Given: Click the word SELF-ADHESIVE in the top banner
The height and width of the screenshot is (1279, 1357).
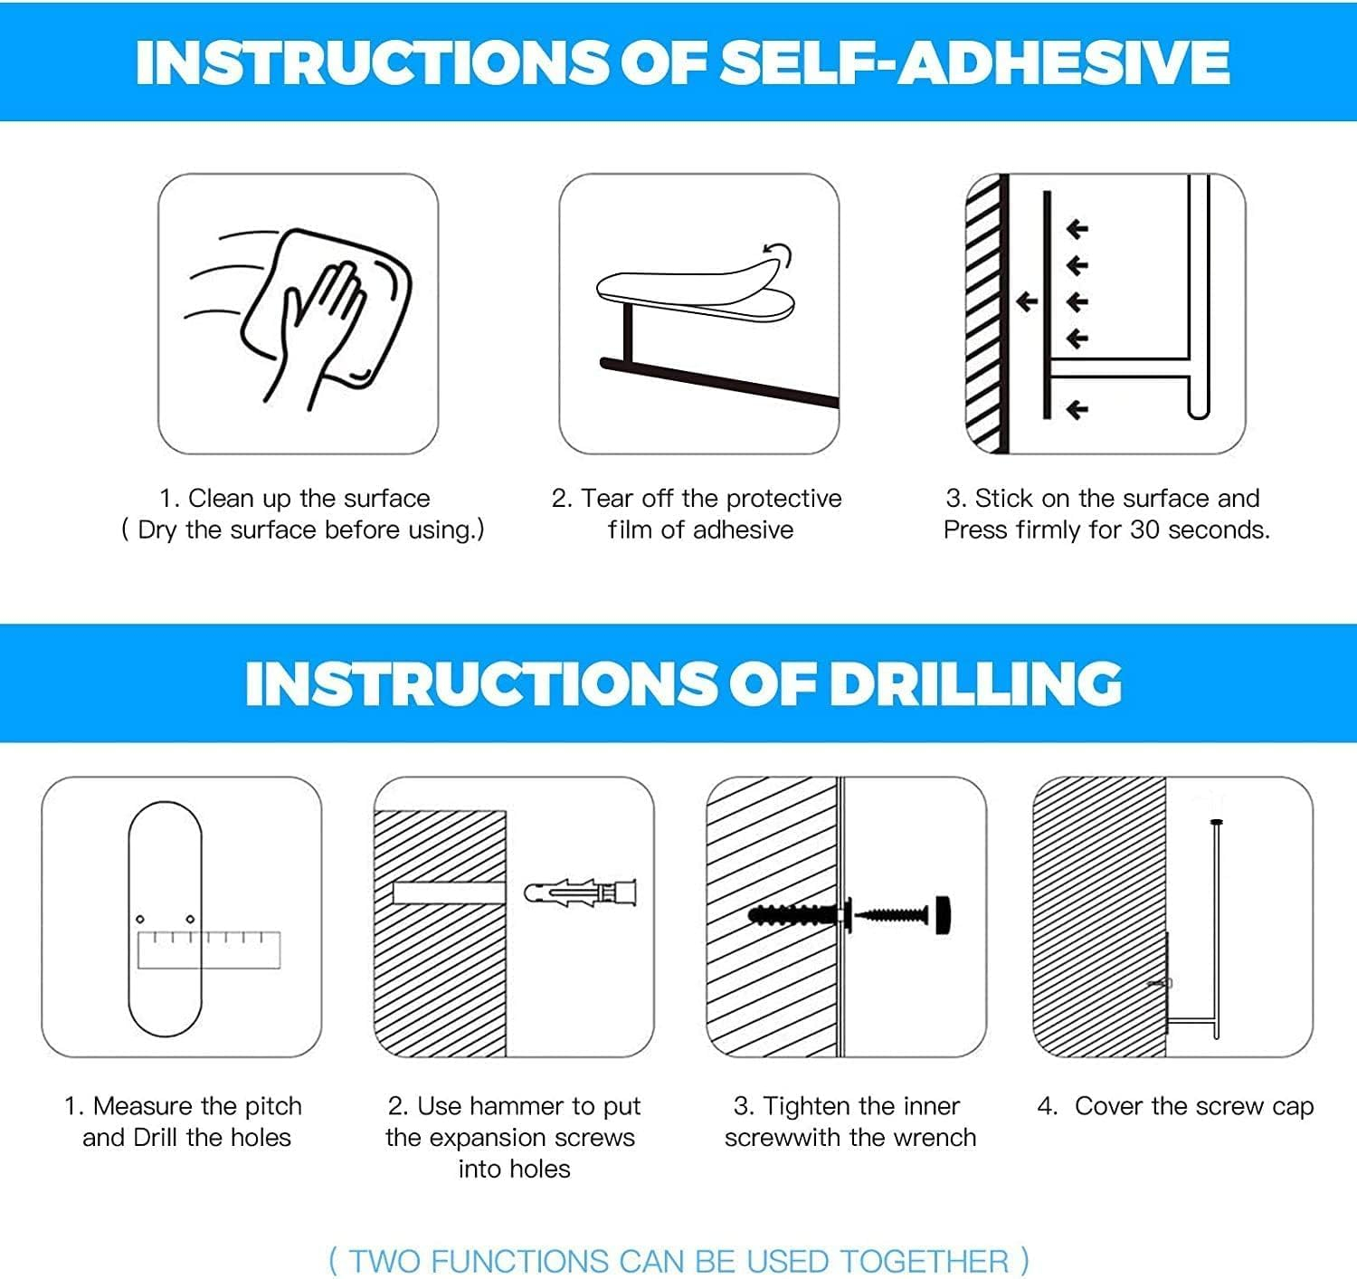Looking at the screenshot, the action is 975,62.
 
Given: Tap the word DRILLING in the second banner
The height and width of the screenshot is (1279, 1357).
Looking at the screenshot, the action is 975,683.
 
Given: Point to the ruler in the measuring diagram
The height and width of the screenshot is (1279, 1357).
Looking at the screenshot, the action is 209,950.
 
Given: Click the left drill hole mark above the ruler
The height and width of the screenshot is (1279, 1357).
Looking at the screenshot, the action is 140,919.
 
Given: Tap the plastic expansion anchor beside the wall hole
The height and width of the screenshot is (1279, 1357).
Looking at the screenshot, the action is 581,892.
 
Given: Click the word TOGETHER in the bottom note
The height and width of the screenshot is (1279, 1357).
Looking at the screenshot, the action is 924,1261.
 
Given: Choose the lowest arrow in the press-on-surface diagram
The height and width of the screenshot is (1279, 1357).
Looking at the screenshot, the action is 1077,410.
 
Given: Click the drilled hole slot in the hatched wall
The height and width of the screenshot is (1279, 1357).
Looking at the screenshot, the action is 449,892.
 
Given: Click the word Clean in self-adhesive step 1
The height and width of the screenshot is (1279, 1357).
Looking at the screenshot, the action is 221,499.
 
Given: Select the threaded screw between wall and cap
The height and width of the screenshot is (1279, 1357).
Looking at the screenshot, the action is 891,914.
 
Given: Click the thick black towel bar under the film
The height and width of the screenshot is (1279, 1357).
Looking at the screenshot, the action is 719,382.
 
